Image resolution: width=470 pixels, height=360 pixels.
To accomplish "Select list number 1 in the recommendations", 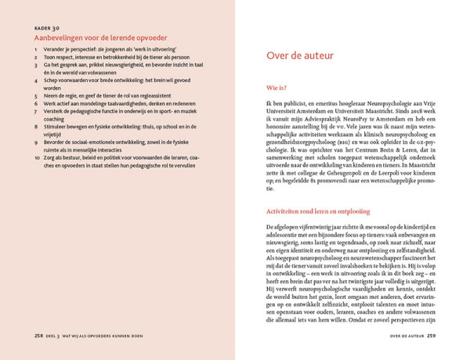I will click(37, 50).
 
